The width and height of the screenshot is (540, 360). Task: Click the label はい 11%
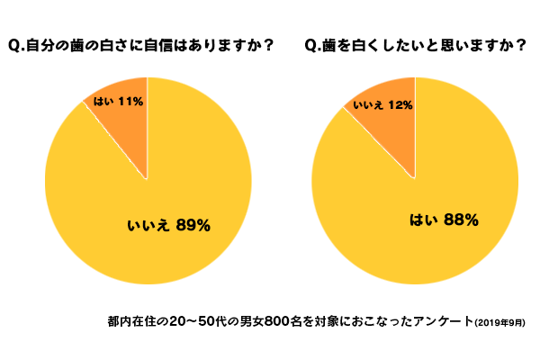(x=118, y=102)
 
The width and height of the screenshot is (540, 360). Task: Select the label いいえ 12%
(x=382, y=105)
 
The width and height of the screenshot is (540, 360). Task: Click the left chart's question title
(x=139, y=44)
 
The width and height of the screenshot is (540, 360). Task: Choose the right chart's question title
(x=414, y=44)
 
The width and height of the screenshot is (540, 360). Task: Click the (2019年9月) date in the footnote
(x=500, y=321)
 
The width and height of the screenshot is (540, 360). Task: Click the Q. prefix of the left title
(x=15, y=44)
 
